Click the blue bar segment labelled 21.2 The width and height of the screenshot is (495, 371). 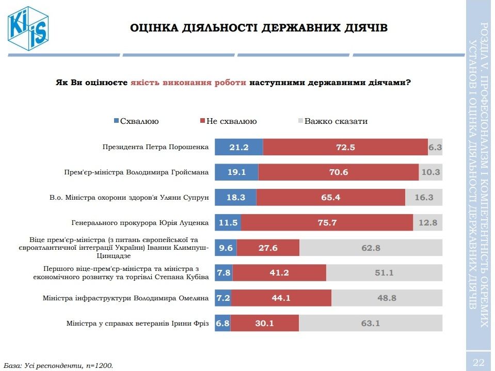click(238, 147)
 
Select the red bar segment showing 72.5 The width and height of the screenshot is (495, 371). click(345, 147)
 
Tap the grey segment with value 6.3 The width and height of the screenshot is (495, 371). click(435, 147)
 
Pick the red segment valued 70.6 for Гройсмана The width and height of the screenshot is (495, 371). click(338, 172)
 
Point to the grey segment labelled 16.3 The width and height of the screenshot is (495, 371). click(424, 197)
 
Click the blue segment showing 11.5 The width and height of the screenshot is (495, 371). click(228, 223)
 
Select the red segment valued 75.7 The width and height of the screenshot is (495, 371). click(327, 223)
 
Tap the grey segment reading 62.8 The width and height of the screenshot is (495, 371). click(371, 248)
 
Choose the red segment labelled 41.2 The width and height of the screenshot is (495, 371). click(280, 273)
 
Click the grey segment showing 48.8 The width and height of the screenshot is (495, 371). click(387, 298)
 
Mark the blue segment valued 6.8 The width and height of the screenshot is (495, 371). click(222, 324)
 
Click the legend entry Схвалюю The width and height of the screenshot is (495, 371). click(136, 121)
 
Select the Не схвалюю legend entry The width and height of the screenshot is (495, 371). click(228, 121)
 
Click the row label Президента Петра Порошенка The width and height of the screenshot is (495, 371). click(155, 147)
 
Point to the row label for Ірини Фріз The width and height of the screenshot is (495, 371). click(137, 324)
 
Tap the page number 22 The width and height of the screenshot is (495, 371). click(478, 360)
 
